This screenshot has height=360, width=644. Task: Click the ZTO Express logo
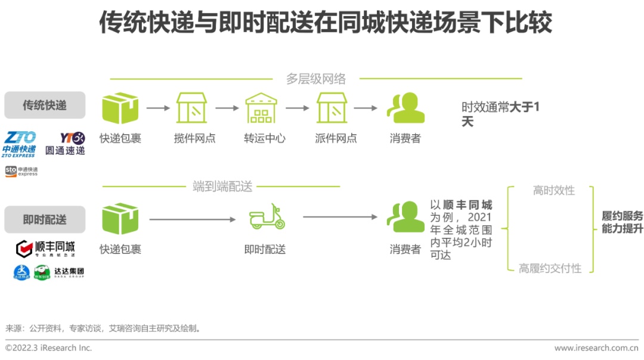pos(20,144)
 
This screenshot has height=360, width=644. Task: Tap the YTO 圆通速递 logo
pos(65,144)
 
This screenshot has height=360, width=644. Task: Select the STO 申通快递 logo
pos(21,171)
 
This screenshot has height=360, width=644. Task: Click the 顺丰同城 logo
pos(45,247)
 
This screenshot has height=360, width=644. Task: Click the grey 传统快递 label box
pos(45,105)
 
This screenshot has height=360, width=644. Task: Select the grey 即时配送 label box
pos(45,219)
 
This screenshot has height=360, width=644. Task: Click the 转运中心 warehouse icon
pos(261,108)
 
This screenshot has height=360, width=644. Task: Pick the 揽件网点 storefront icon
pos(191,108)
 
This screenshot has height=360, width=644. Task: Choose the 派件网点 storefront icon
pos(332,108)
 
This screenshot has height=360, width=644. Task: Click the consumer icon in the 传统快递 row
pos(405,108)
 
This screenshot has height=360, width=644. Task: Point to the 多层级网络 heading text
pos(315,79)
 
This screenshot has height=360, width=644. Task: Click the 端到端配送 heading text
pos(222,187)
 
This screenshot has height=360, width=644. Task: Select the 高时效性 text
pos(553,190)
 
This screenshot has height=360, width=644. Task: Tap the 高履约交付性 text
pos(550,268)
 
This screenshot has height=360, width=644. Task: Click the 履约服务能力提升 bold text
pos(622,222)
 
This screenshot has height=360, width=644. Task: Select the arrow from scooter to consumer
pos(340,217)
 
